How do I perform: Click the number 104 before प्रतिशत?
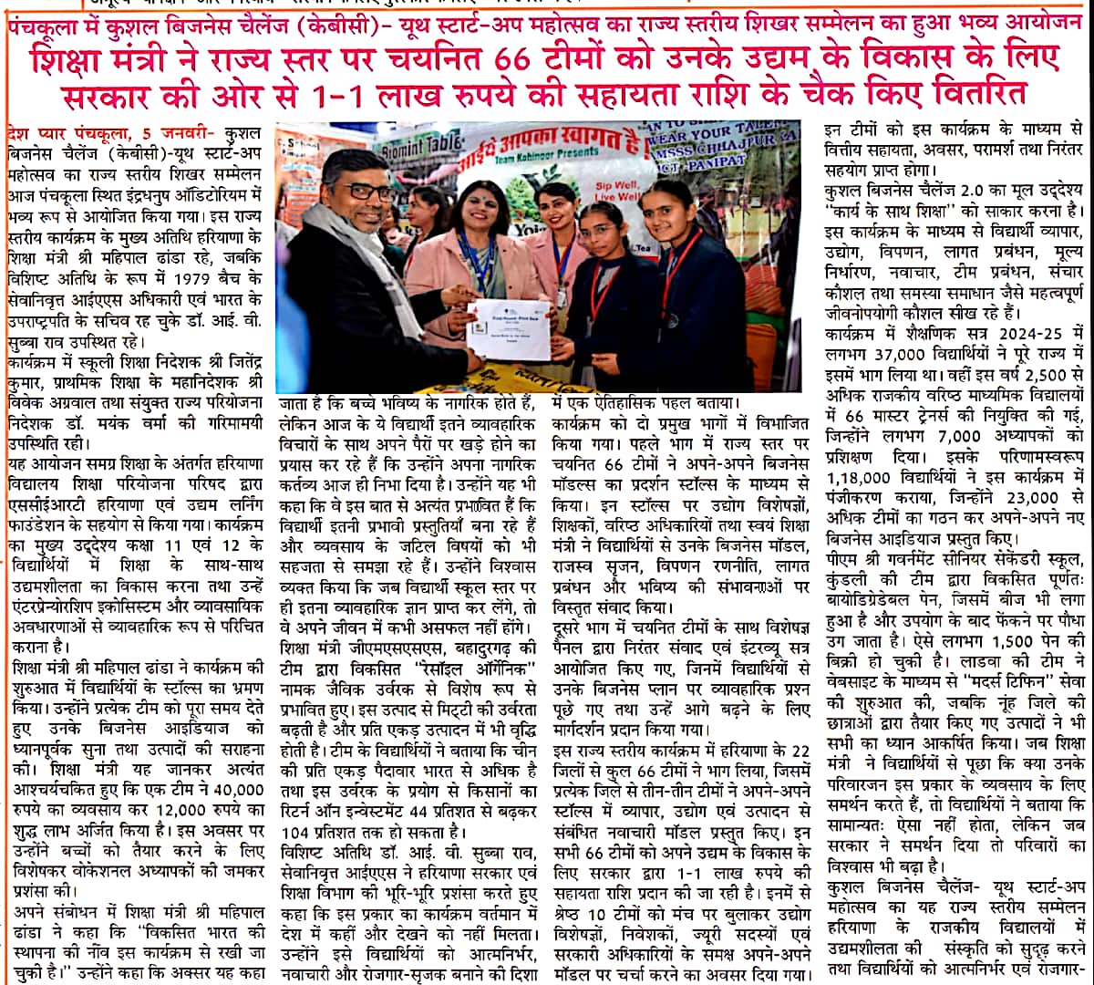pos(297,834)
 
